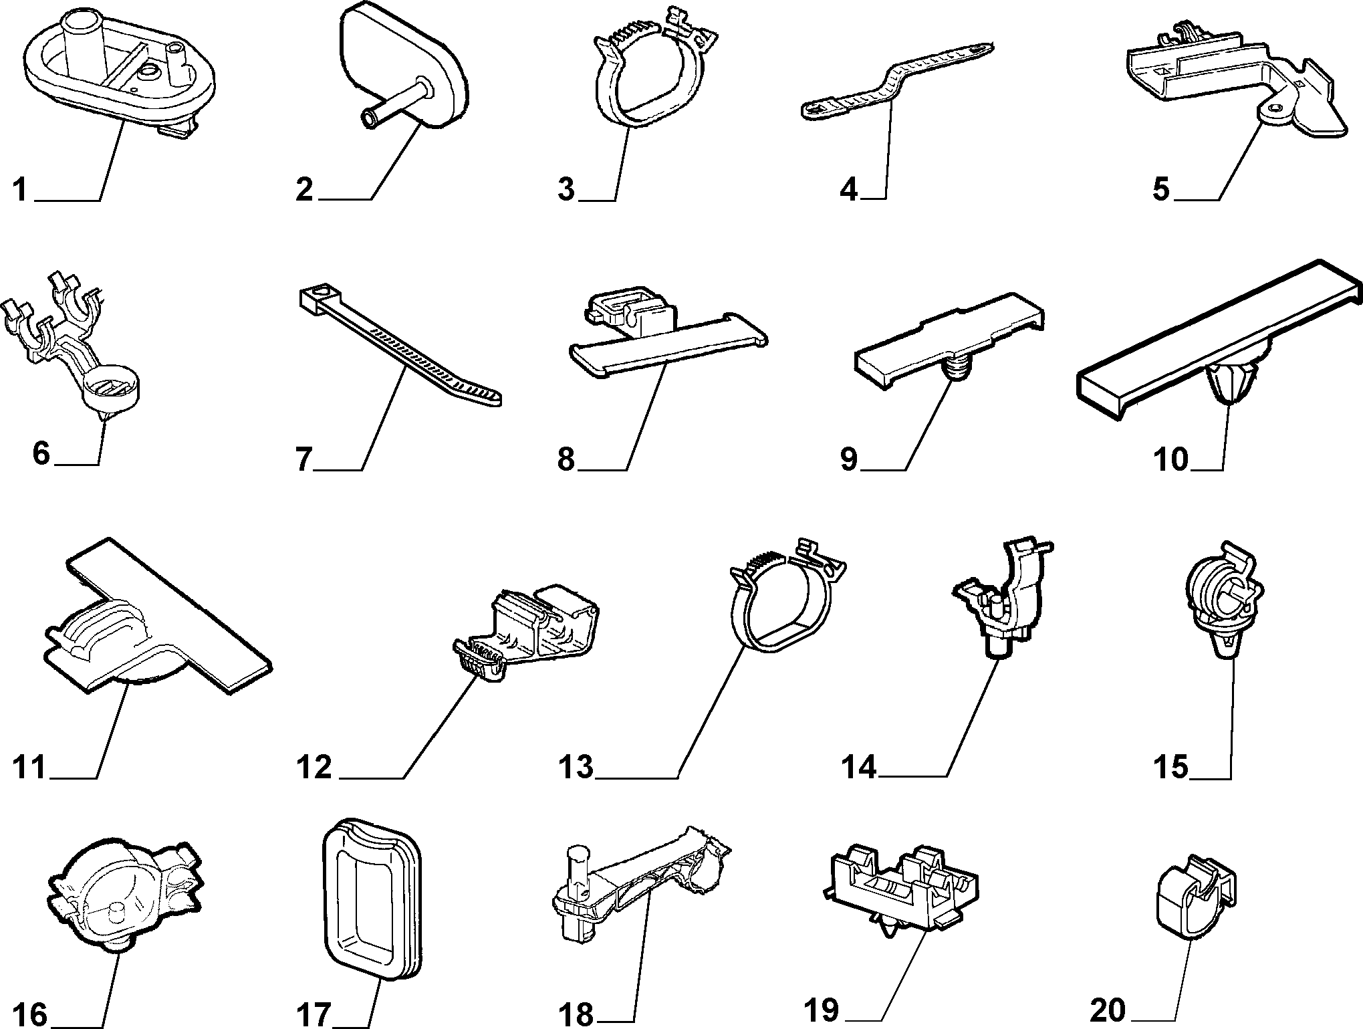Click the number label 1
(x=20, y=189)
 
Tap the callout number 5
(x=1161, y=189)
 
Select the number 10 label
(x=1171, y=459)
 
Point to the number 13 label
(x=576, y=767)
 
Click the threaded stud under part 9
(x=956, y=369)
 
